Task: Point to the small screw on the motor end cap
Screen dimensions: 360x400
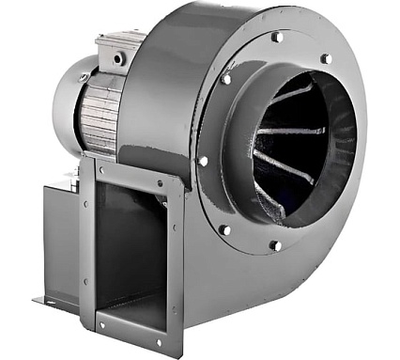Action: [x=83, y=77]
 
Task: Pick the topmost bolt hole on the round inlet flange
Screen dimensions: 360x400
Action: [x=277, y=37]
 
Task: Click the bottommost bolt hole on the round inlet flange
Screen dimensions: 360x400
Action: [x=275, y=245]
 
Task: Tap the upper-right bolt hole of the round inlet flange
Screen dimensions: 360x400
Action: [x=326, y=58]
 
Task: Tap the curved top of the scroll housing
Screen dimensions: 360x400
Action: [x=188, y=23]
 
